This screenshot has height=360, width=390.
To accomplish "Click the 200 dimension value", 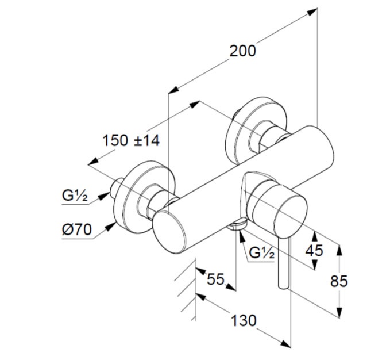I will tap(242, 51).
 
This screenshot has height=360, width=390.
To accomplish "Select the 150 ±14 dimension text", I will tap(131, 140).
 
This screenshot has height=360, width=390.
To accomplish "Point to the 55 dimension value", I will tap(215, 279).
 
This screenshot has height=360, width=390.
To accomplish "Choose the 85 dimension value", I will tap(356, 281).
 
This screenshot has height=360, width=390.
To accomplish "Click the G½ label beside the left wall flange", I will tap(75, 196).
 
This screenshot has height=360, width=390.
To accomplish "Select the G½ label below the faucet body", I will tap(262, 252).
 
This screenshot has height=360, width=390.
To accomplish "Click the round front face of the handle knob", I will tap(278, 205).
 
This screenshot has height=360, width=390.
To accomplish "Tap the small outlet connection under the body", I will tap(237, 225).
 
